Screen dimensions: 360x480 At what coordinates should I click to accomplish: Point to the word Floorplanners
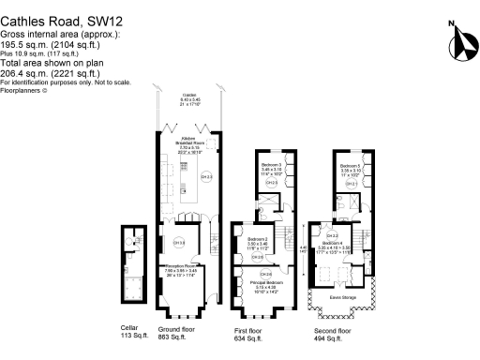(22, 91)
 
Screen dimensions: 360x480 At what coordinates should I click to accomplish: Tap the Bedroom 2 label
(259, 242)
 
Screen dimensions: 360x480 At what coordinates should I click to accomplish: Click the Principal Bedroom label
(267, 283)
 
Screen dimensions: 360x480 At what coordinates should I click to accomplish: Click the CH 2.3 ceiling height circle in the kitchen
(207, 176)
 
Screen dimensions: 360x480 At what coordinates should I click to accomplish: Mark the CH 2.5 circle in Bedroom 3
(271, 184)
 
